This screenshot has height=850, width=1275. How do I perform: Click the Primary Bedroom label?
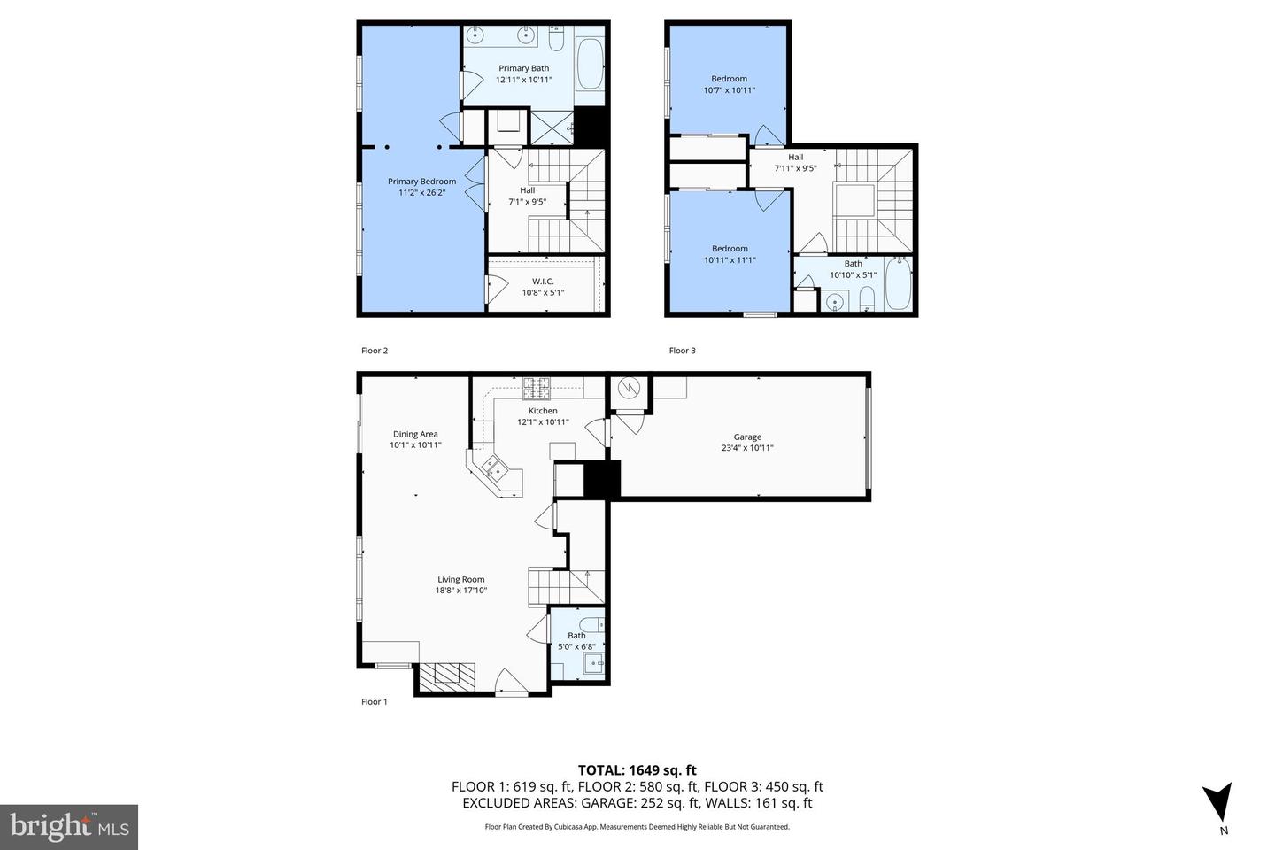point(421,182)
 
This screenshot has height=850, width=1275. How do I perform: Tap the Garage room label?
point(747,437)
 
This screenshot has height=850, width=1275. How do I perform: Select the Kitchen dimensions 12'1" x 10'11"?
point(543,422)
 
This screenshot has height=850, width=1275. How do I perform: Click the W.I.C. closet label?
point(543,282)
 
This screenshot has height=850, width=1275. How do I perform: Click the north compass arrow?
point(1218,801)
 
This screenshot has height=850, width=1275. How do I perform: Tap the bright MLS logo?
point(68,827)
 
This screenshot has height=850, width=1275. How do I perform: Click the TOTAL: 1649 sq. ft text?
point(637,770)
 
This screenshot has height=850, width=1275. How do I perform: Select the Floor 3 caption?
point(682,351)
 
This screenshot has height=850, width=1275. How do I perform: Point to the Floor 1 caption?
point(374,702)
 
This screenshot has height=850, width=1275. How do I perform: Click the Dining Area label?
point(415,434)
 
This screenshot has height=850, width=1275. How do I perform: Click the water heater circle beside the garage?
point(629,388)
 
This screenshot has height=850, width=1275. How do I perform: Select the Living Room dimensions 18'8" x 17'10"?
point(461,591)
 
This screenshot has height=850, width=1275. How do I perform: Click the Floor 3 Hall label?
point(795,158)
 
